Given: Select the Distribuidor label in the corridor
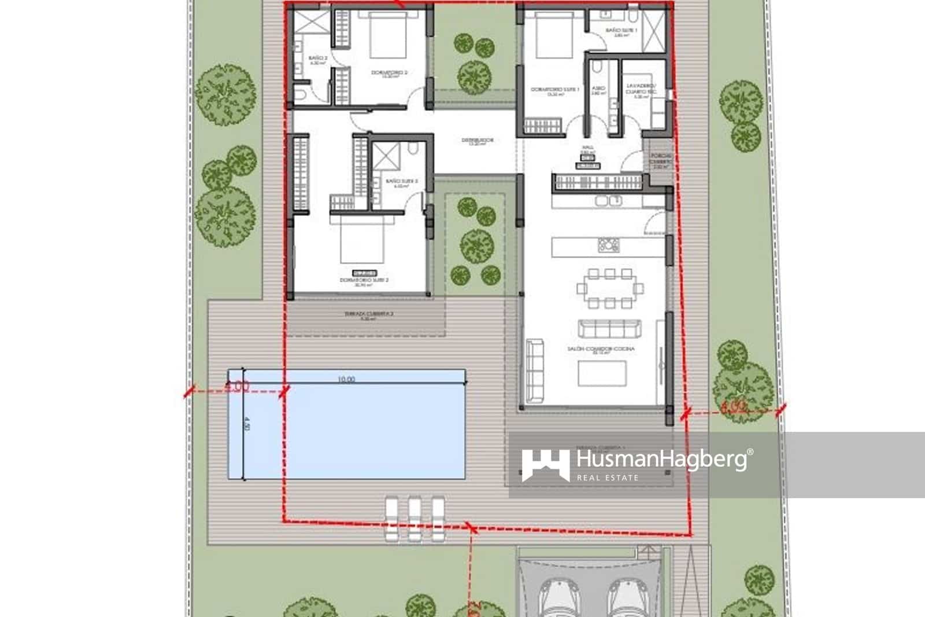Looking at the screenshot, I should (477, 141).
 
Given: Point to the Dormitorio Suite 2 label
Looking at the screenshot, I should (364, 281).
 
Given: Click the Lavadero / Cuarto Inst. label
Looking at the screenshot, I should (641, 89).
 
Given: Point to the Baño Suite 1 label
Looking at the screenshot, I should (621, 31).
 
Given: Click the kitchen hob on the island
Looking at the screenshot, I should (608, 245).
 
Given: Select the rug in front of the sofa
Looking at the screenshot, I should (602, 373).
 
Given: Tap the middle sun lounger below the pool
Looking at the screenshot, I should (415, 519).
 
